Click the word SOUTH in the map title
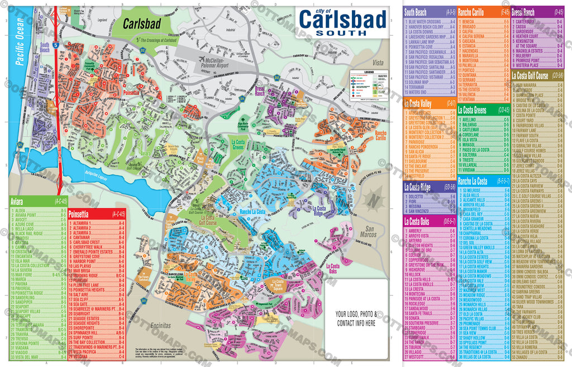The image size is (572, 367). [342, 32]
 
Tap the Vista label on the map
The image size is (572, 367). [380, 63]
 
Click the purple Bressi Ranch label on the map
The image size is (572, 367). [260, 91]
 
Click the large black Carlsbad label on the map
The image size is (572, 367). [141, 23]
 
